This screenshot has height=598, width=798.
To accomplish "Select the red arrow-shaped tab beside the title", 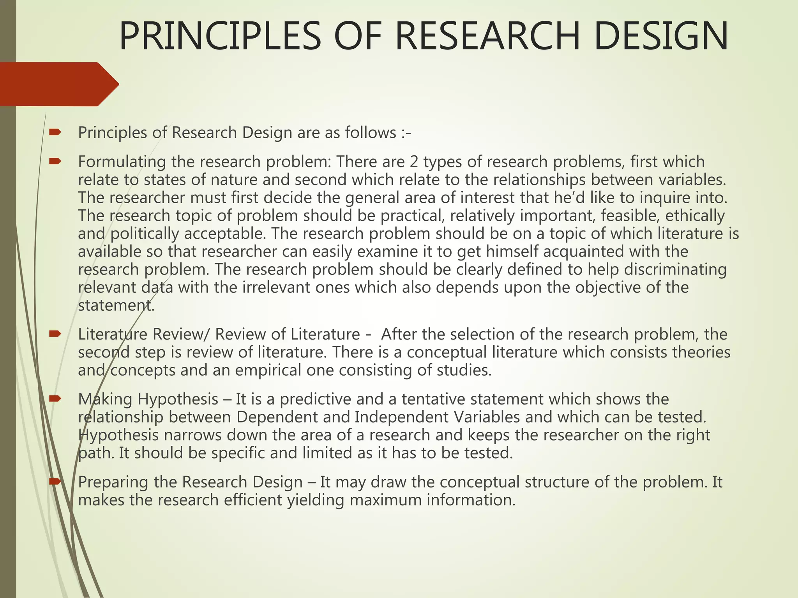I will [x=58, y=84].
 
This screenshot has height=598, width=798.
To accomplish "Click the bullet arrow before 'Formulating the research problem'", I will [x=55, y=161].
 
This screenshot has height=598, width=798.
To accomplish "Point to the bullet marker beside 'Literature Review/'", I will [x=55, y=334].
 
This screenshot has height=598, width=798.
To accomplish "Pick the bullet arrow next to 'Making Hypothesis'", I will [x=55, y=399].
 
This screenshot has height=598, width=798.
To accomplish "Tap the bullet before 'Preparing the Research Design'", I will [x=55, y=482].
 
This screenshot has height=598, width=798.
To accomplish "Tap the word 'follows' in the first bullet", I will [x=371, y=133].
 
